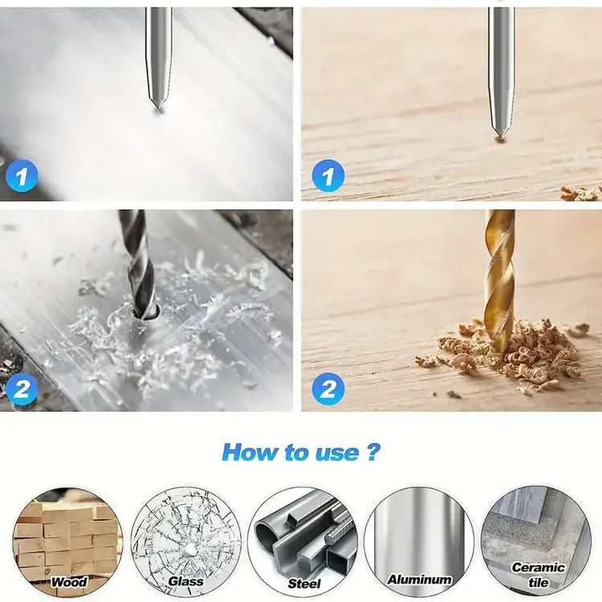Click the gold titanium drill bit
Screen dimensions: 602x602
499,273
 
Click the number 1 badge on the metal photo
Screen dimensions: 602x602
22,175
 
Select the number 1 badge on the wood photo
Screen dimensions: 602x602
327,175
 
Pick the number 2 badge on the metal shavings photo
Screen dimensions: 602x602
22,389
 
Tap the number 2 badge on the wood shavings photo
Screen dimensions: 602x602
327,389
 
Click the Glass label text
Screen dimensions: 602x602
185,580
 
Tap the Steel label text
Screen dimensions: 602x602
304,583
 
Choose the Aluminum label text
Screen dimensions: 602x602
419,579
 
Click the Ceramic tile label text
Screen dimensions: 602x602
537,574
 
